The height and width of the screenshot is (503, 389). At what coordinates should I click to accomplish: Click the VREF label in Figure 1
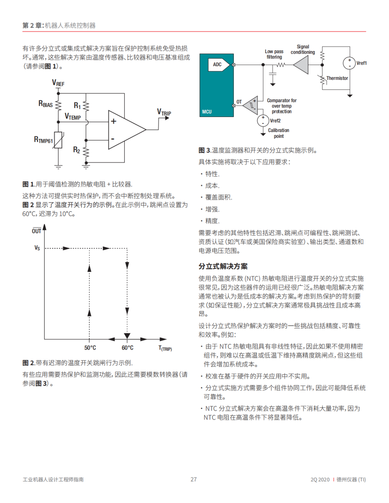click(58, 83)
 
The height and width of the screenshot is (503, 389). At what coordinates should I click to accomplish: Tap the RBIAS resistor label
click(46, 104)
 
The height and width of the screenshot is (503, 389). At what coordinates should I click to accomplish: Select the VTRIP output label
click(164, 113)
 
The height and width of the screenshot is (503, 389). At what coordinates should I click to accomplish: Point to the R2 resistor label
click(76, 150)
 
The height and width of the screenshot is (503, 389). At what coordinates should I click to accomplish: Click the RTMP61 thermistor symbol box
click(58, 140)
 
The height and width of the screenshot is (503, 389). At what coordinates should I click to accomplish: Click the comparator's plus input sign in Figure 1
click(113, 121)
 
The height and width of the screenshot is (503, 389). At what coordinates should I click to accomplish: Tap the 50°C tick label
click(90, 348)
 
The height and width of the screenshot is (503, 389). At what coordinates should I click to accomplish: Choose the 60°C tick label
click(127, 348)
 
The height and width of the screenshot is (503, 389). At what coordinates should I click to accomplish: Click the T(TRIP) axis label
click(165, 348)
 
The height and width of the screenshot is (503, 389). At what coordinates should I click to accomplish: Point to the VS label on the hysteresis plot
click(37, 248)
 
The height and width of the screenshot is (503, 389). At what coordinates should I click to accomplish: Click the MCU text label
click(207, 112)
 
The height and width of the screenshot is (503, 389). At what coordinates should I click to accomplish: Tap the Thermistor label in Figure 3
click(337, 78)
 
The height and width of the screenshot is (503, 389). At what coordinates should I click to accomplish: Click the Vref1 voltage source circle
click(349, 63)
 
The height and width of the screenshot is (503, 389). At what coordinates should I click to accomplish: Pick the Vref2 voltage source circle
click(263, 121)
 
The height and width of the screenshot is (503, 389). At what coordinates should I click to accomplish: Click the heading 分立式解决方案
click(223, 266)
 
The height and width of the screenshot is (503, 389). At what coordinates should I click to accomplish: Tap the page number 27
click(194, 479)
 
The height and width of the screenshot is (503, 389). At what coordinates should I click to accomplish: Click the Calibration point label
click(278, 133)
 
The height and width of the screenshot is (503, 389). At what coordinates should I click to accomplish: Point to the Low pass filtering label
click(274, 54)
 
